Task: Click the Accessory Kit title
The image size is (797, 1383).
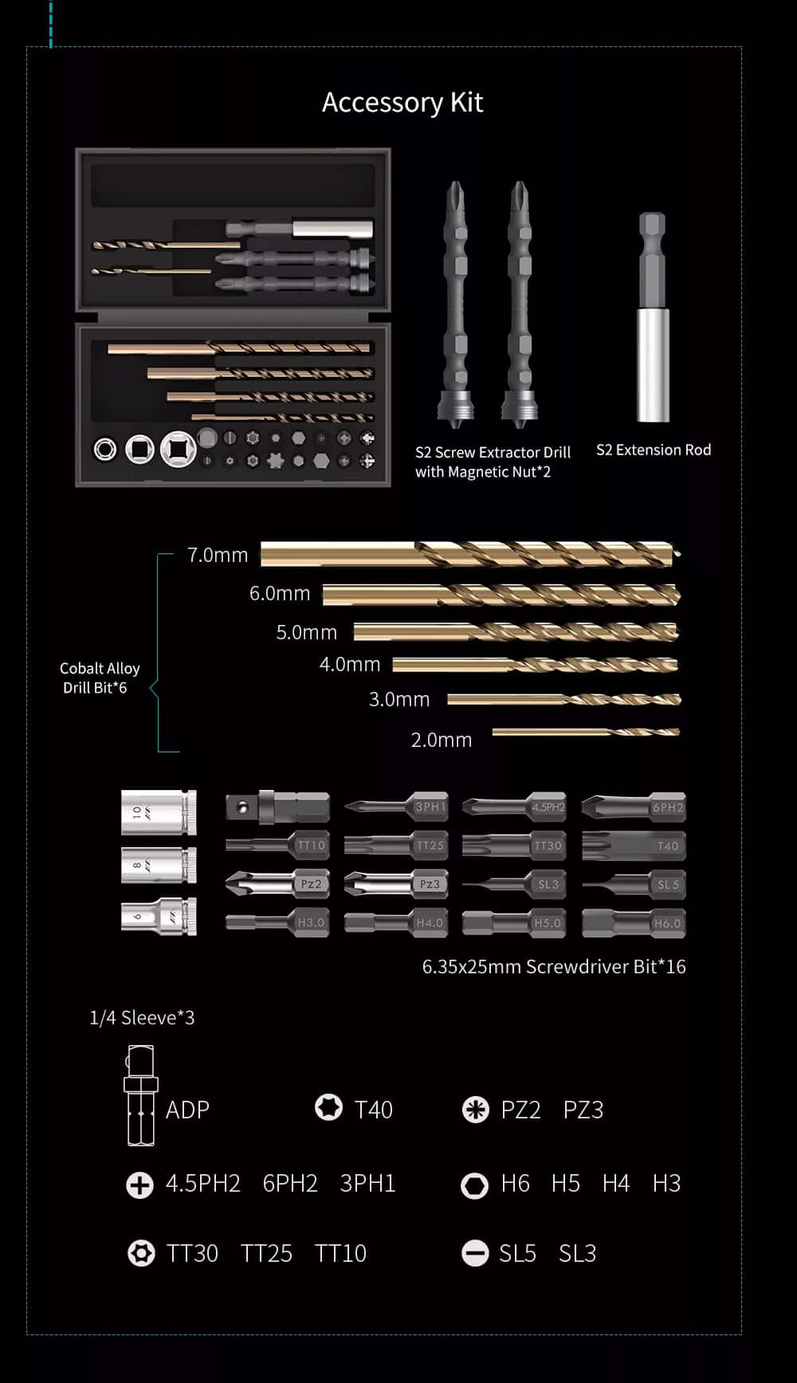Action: (402, 102)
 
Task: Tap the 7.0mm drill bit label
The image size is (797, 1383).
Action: (218, 555)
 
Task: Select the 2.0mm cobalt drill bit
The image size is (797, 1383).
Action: (586, 732)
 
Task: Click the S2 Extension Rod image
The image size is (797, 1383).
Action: (653, 316)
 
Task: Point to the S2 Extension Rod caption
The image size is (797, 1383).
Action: (654, 450)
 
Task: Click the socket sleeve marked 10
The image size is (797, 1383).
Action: (159, 812)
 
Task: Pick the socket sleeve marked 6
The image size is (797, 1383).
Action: (159, 917)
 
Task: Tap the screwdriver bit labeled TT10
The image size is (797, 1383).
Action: (277, 845)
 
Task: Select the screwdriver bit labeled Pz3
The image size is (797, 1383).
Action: (395, 884)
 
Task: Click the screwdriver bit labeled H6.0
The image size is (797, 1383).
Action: (634, 923)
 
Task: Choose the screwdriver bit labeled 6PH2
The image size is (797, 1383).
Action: (634, 807)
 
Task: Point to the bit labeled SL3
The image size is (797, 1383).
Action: (514, 884)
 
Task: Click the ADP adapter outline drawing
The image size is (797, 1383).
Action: (141, 1096)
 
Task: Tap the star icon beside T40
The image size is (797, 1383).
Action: (328, 1107)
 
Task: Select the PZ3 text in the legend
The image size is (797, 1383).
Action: (583, 1110)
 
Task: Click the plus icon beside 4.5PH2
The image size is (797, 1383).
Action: (139, 1185)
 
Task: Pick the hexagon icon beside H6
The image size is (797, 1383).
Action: (475, 1185)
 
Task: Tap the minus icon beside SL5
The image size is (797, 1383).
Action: (475, 1254)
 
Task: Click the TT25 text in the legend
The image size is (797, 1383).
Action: (266, 1253)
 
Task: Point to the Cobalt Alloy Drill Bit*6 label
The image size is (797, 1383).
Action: (99, 678)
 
